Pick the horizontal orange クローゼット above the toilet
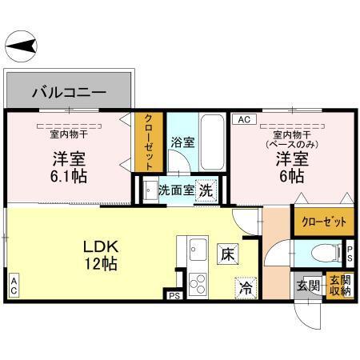point(318,223)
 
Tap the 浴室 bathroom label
point(182,144)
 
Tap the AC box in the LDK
point(14,284)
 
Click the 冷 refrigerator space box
point(245,286)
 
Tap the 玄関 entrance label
point(309,285)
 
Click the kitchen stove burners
point(197,285)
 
